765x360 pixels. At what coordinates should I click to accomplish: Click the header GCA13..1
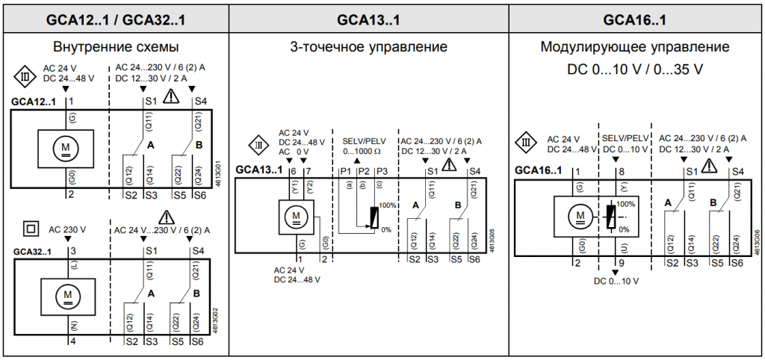(368, 16)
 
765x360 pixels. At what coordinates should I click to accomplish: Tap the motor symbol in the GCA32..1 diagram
(69, 295)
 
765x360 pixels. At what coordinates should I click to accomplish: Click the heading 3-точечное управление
(368, 47)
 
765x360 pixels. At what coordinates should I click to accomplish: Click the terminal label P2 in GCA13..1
(362, 172)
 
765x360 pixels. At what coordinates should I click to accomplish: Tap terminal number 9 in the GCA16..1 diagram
(621, 263)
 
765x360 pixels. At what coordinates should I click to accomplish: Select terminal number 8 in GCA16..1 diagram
(621, 172)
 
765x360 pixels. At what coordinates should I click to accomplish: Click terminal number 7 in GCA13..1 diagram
(309, 172)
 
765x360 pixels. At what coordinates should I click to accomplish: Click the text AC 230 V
(67, 229)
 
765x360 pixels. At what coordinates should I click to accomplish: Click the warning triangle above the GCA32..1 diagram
(165, 217)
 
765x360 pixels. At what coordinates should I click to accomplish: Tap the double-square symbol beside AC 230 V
(31, 229)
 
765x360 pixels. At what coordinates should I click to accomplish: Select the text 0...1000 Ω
(362, 152)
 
